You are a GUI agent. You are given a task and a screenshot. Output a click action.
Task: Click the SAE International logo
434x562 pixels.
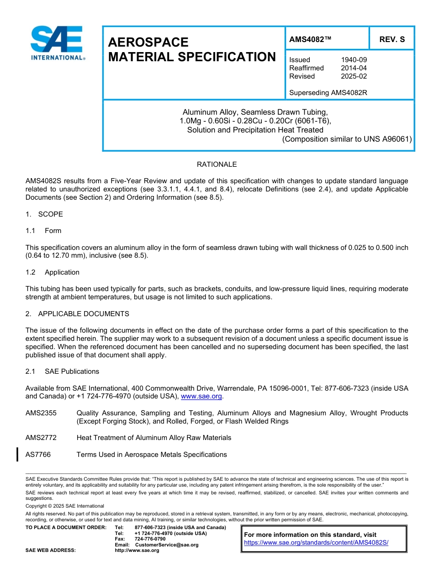(57, 43)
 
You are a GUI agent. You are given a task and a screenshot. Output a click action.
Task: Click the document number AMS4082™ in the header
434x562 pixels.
(310, 40)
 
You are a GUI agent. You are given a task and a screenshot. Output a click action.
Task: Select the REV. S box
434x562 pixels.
(392, 40)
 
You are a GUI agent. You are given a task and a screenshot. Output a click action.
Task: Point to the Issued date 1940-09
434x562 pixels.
(354, 60)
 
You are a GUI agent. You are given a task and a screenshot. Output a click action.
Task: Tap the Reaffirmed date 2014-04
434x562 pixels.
(354, 68)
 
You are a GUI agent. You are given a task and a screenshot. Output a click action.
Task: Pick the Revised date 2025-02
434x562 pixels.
(354, 76)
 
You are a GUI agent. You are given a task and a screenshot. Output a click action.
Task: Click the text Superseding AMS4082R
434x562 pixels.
(328, 93)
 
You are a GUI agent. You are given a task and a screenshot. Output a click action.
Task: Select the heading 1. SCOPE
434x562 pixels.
(44, 214)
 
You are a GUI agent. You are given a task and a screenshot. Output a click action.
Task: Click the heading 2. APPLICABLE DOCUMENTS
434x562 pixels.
(77, 314)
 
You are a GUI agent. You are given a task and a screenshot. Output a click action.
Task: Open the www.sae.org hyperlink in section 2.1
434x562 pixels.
(201, 397)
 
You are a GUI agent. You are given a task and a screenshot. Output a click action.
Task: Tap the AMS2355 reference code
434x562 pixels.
(41, 413)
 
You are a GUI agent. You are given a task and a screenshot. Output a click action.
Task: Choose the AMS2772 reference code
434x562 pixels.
(41, 438)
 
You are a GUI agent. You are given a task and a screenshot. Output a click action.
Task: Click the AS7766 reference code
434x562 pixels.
(38, 455)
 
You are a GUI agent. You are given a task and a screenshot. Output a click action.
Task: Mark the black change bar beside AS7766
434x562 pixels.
(17, 455)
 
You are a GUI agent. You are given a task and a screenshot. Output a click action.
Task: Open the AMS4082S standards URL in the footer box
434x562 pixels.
(316, 543)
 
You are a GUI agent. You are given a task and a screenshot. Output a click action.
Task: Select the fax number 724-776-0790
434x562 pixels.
(150, 539)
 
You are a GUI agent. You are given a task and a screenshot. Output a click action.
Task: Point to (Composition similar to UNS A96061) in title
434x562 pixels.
(347, 139)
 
